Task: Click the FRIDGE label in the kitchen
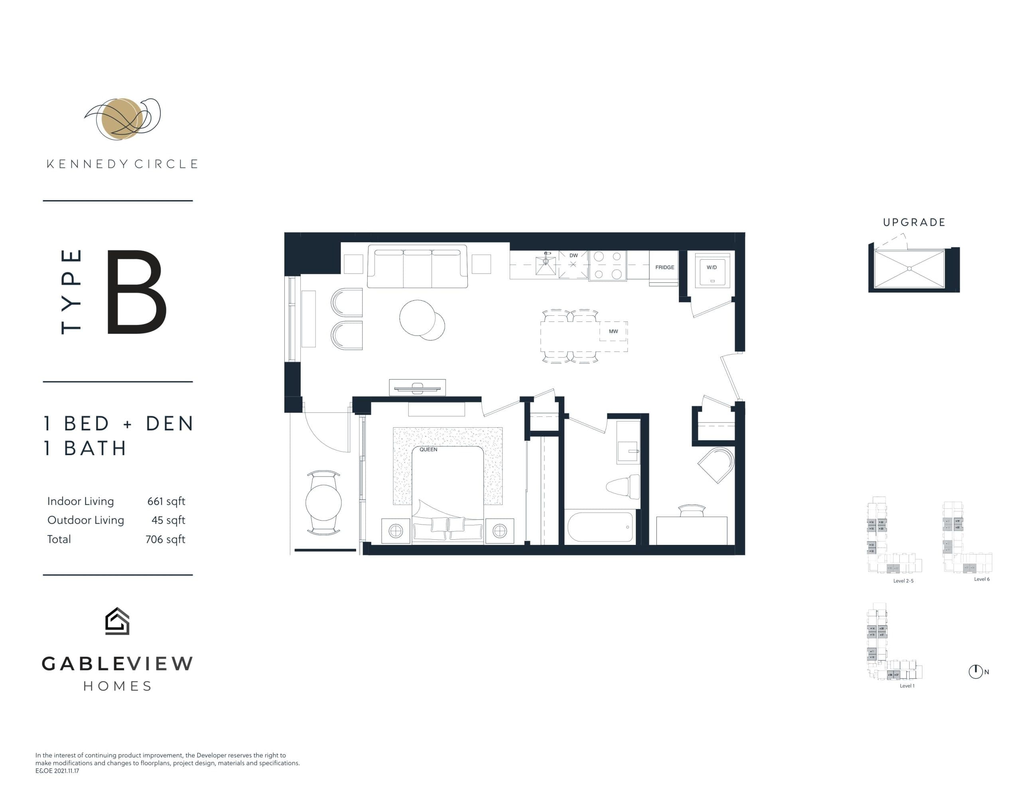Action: [664, 268]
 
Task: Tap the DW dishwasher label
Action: [574, 255]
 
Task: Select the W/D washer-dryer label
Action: [712, 268]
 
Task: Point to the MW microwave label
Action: [613, 331]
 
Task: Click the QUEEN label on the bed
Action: [428, 450]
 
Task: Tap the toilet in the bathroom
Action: [624, 486]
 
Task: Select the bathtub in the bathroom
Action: [601, 527]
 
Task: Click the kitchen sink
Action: [546, 265]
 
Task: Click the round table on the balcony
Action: [323, 503]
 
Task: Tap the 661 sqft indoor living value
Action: [166, 501]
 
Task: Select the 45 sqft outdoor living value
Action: [168, 520]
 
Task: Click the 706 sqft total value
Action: [165, 539]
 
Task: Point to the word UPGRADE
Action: [914, 223]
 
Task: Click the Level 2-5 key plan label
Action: [903, 581]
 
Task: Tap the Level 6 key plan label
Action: [982, 579]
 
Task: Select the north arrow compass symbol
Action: [975, 672]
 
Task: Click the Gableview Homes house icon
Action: [117, 621]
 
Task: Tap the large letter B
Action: [136, 292]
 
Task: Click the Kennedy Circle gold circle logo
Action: [120, 119]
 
